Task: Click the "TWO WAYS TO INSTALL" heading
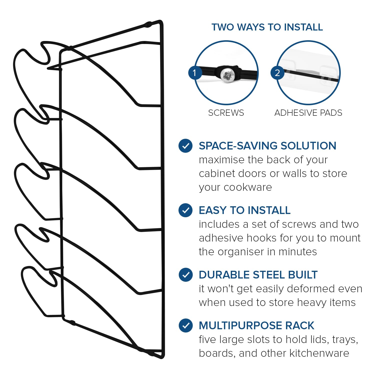pos(267,27)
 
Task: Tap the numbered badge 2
pos(277,73)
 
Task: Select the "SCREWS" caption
pos(226,113)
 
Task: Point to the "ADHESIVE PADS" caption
pos(308,113)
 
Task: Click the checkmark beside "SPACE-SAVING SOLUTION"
pos(185,146)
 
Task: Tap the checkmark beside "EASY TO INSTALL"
pos(185,210)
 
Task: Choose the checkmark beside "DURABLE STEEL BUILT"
pos(185,275)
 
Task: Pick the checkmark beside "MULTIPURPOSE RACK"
pos(185,325)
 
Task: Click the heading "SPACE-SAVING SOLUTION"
pos(267,146)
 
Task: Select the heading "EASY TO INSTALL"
pos(245,210)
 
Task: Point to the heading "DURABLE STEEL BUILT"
pos(258,275)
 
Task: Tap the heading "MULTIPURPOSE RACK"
pos(256,325)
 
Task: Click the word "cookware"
pos(248,187)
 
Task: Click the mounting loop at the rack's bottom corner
pos(151,353)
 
